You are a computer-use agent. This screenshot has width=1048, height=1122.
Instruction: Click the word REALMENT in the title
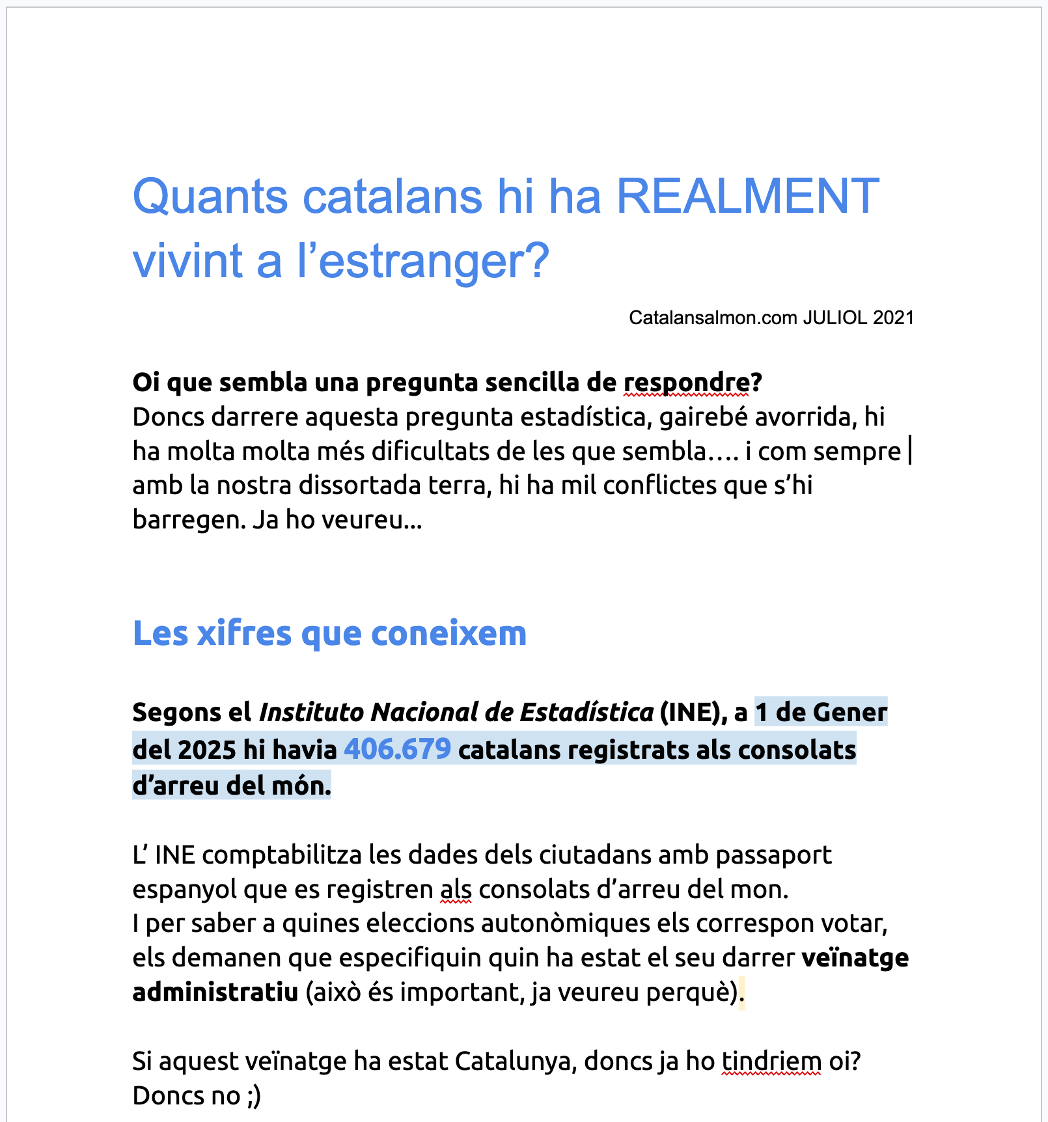(747, 197)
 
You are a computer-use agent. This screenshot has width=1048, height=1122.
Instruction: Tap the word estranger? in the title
(423, 262)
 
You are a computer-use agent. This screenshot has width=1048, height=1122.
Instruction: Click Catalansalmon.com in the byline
(712, 318)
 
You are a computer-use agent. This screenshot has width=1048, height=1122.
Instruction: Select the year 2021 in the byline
(893, 318)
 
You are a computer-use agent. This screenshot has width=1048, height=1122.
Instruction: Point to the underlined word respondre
(686, 383)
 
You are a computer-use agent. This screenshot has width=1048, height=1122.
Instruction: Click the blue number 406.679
(397, 749)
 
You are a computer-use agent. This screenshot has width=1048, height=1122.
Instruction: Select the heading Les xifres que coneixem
(329, 633)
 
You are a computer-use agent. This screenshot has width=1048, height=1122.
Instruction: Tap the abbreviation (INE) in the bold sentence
(689, 713)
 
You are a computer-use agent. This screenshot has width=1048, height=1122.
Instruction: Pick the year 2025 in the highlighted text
(206, 750)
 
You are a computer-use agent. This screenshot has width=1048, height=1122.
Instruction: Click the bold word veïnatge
(855, 958)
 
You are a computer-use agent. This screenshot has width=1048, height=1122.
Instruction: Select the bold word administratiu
(215, 992)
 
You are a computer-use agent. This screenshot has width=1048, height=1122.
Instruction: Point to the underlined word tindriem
(771, 1061)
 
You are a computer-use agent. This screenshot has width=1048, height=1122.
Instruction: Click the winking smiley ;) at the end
(254, 1096)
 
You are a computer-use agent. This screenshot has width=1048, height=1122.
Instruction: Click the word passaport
(773, 855)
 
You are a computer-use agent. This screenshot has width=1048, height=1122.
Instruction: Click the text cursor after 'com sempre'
(910, 451)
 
